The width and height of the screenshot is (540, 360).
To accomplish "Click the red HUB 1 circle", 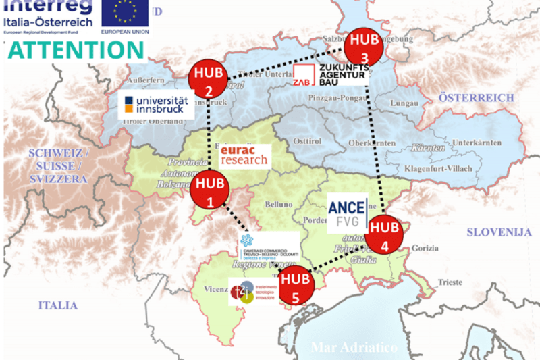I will [x=209, y=190].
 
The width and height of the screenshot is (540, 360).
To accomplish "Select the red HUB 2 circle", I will [x=209, y=81].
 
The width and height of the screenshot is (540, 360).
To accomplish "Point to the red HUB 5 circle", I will [x=298, y=286].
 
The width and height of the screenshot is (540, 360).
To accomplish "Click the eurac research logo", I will [x=244, y=155].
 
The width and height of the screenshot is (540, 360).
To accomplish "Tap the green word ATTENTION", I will [x=75, y=51].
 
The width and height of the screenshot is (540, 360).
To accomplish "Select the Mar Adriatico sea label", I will [x=354, y=347].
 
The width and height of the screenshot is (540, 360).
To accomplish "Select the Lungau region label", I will [x=405, y=103].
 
